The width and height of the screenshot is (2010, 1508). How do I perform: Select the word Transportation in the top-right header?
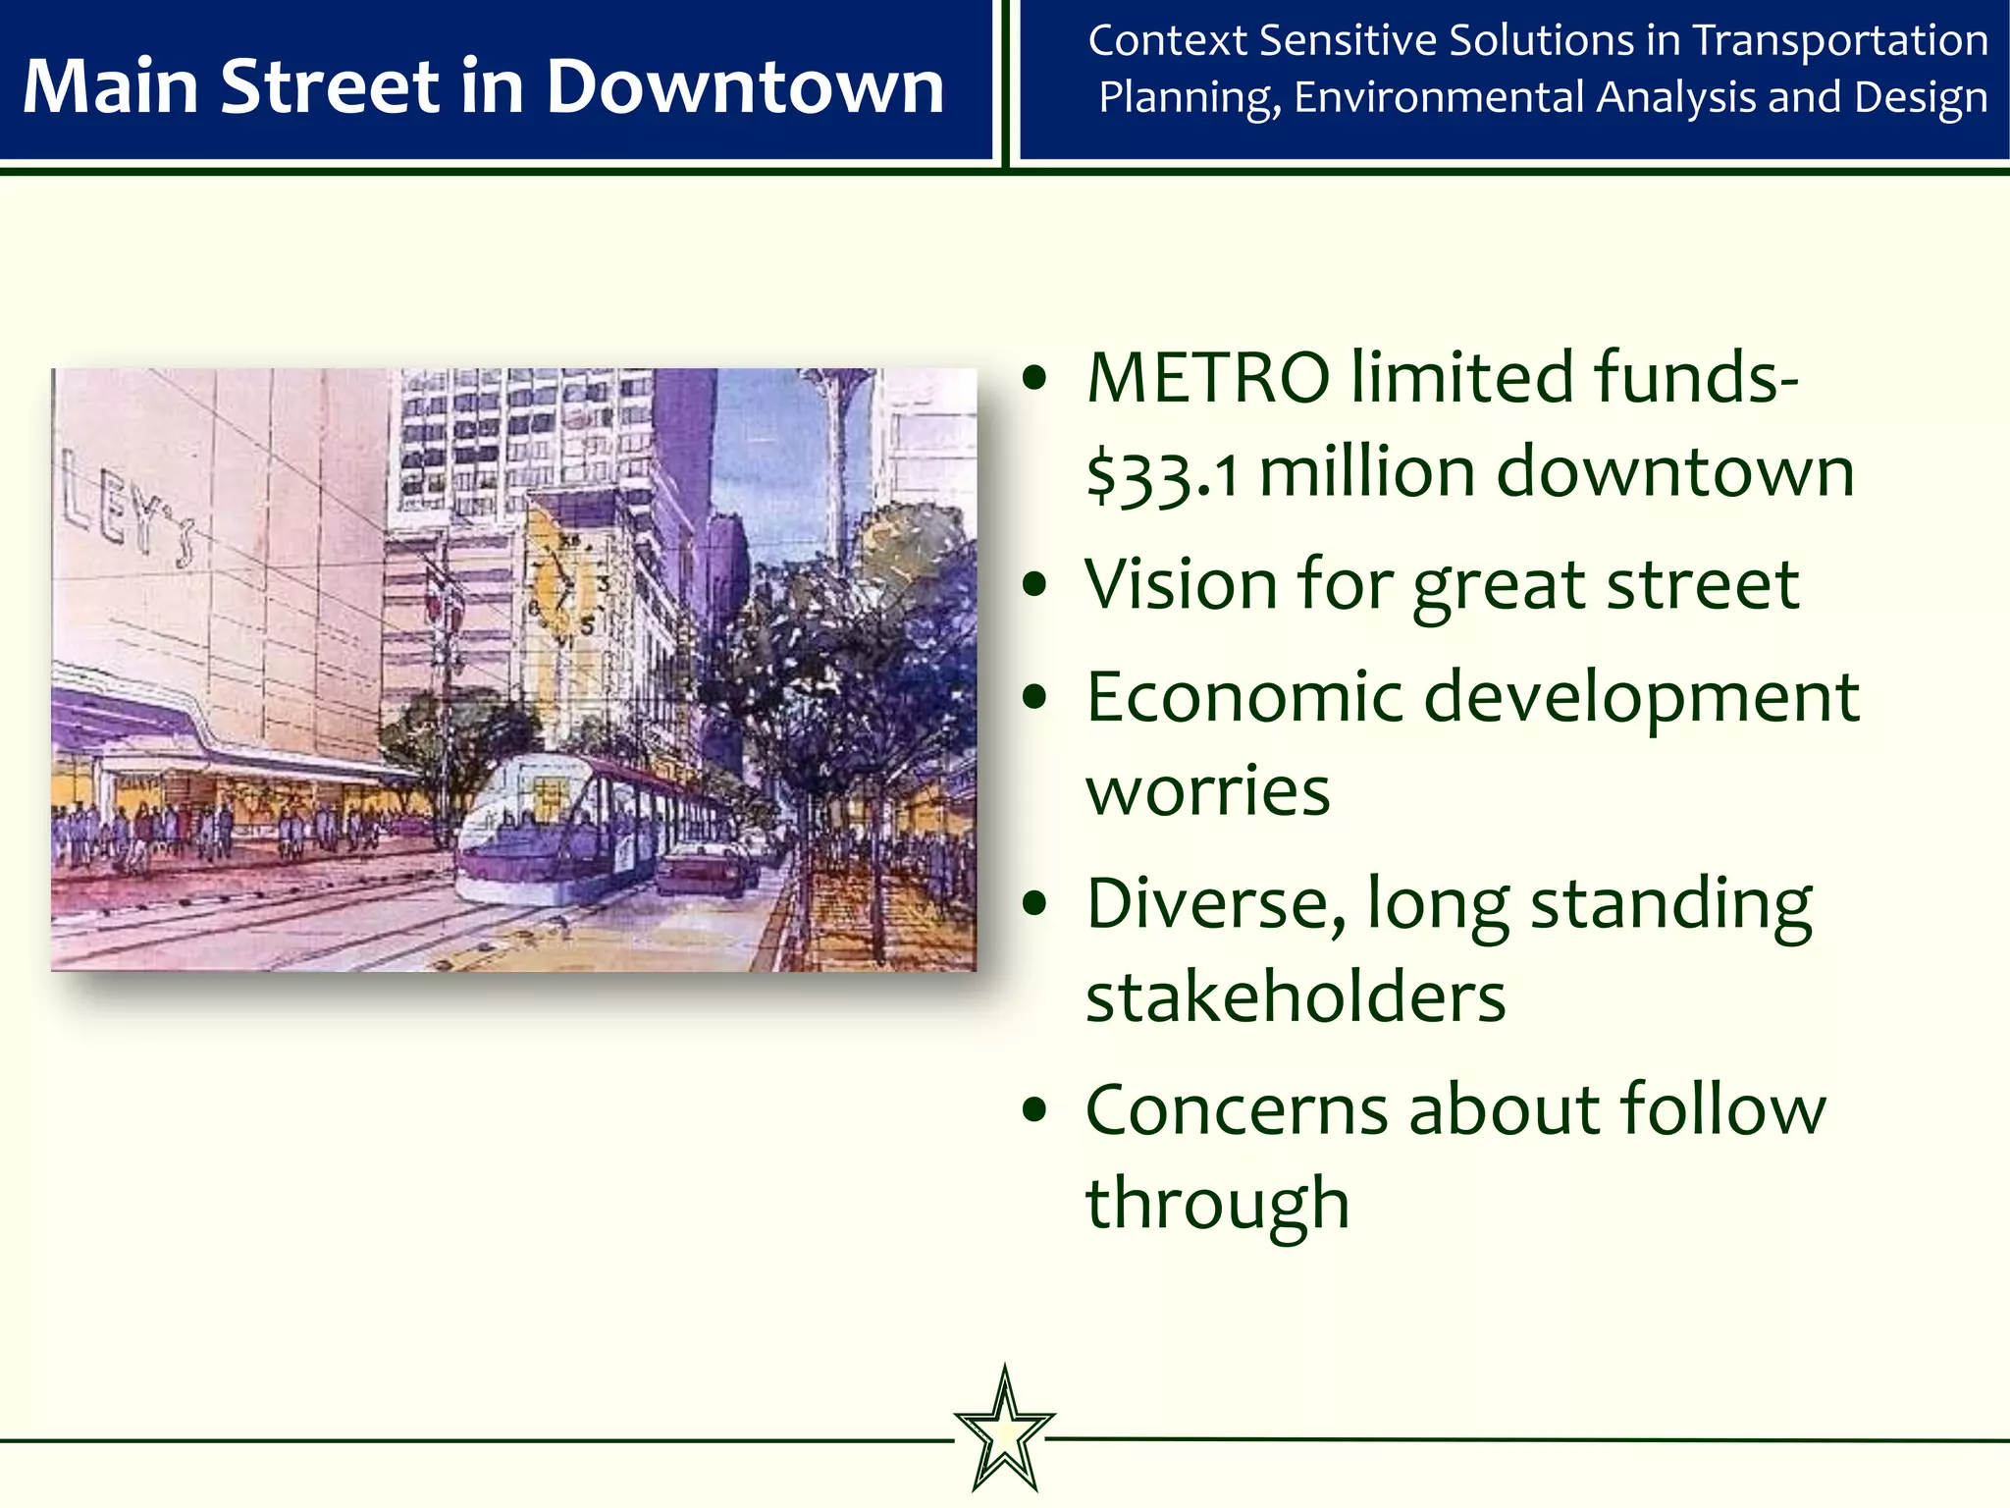click(1840, 41)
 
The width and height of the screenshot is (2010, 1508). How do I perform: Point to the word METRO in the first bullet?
click(1209, 378)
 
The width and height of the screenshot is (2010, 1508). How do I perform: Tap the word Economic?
click(1245, 697)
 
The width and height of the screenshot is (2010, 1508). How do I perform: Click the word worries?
click(1208, 791)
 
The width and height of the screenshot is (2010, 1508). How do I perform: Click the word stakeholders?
click(1296, 997)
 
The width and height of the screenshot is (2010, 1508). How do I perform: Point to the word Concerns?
click(1237, 1109)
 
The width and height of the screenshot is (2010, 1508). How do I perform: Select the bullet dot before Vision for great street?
click(1034, 585)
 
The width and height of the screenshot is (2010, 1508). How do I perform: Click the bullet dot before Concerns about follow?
click(1034, 1110)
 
